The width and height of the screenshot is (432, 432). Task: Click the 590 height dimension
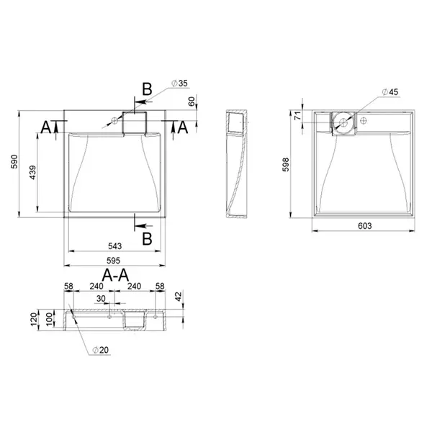tap(14, 162)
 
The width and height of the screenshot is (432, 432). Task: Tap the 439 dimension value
tap(32, 173)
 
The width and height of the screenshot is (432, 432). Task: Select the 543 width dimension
tap(114, 246)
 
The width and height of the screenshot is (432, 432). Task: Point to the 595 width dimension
tap(113, 261)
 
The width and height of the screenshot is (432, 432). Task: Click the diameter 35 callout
tap(179, 84)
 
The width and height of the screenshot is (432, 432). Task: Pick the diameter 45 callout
tap(390, 92)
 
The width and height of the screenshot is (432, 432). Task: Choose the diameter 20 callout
tap(101, 350)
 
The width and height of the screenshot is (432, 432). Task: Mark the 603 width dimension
tap(365, 226)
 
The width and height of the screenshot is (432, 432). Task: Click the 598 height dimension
tap(286, 165)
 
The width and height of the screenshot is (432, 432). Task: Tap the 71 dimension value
tap(298, 116)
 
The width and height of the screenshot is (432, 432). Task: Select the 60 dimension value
tap(192, 102)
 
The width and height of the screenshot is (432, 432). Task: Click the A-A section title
tap(115, 275)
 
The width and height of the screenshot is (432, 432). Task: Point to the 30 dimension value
tap(101, 299)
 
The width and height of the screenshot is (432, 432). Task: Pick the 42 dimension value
tap(179, 297)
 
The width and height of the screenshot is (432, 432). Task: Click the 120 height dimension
tap(34, 320)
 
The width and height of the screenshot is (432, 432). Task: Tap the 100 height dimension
tap(49, 320)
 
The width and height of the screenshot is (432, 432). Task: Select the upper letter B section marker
tap(147, 89)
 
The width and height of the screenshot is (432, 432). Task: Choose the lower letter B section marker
tap(147, 238)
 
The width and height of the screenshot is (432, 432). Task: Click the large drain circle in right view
tap(343, 122)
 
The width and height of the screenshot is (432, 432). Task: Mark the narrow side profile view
tap(237, 163)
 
